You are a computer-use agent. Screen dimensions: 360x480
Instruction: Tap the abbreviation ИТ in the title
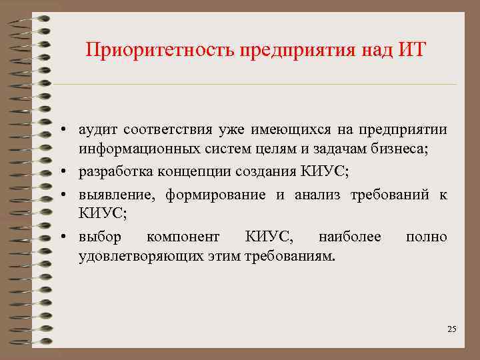click(409, 50)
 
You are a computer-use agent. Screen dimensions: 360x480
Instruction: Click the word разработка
click(115, 172)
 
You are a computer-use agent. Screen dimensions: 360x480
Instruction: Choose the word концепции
click(193, 172)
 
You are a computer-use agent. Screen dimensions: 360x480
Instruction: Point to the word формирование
click(212, 194)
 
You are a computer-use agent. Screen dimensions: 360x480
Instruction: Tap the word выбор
click(99, 237)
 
